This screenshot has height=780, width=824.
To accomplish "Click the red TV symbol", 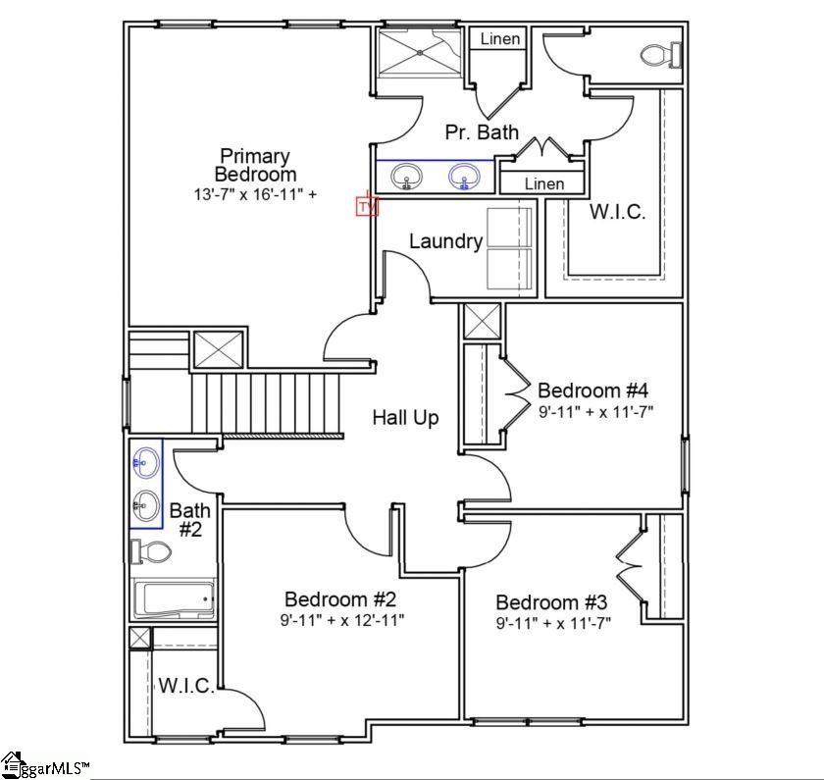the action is click(x=367, y=205).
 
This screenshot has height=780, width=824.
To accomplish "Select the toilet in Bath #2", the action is click(x=151, y=551).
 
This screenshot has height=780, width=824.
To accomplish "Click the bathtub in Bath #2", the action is click(x=174, y=598).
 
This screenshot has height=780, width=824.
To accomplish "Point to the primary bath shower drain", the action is click(x=420, y=52).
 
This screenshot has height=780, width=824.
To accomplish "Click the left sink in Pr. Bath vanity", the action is click(x=407, y=176).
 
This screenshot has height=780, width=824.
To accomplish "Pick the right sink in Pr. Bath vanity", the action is click(x=464, y=176).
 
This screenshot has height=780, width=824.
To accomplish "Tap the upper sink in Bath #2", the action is click(x=145, y=462).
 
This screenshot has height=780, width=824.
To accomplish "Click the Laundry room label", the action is click(x=445, y=241).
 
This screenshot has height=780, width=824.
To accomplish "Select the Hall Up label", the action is click(x=405, y=418).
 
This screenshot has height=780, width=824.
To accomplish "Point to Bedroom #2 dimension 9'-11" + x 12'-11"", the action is click(x=342, y=621).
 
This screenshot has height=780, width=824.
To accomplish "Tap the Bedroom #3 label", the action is click(x=551, y=601).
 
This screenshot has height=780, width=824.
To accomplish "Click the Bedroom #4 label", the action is click(x=592, y=390).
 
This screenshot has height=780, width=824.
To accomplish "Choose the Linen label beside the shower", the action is click(x=499, y=39).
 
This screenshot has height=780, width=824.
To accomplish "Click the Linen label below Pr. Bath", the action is click(x=544, y=184).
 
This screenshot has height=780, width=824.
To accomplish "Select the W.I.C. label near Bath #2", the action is click(x=186, y=686).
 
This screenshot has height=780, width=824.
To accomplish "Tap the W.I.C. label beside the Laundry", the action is click(x=617, y=211).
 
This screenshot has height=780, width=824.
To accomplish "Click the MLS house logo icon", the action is click(x=13, y=765).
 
